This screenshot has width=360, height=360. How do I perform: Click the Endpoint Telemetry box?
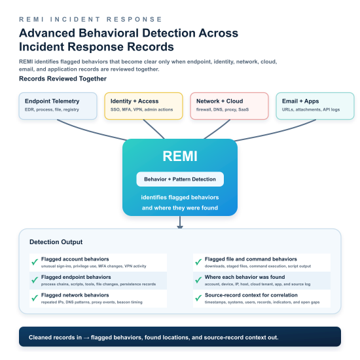[58, 106]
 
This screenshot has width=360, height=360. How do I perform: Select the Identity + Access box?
[143, 106]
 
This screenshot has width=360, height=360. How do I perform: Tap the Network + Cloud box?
[229, 106]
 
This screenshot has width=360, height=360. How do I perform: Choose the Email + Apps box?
[315, 106]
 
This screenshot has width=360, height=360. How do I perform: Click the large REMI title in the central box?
[180, 156]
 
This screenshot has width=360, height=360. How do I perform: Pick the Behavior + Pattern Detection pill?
[180, 179]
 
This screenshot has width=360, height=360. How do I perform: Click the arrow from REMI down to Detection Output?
[180, 222]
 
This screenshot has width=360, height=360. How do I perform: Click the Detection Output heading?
[56, 242]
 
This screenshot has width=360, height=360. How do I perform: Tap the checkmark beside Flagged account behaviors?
[35, 262]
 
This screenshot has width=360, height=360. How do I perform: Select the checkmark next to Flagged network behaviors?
[35, 298]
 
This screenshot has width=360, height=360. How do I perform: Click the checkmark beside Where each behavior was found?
[198, 280]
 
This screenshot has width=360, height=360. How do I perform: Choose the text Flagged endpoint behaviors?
[76, 277]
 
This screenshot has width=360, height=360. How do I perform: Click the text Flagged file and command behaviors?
[251, 259]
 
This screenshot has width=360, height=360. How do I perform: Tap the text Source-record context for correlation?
[251, 295]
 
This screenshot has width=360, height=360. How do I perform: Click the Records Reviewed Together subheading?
[63, 79]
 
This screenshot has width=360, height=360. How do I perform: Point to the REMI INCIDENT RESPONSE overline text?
[91, 19]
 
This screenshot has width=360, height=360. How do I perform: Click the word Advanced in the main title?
[47, 33]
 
